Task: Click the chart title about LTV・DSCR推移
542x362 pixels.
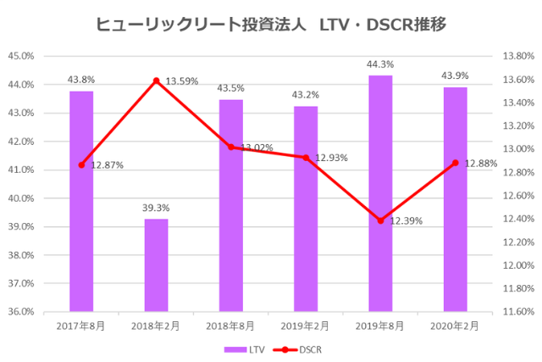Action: [271, 25]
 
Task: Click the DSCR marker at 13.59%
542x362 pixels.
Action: [156, 81]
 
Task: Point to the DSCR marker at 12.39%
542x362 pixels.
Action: [380, 220]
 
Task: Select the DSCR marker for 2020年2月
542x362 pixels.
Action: [455, 163]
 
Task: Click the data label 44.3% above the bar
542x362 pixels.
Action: [380, 64]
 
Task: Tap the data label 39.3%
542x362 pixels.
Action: [156, 207]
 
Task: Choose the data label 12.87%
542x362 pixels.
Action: [108, 165]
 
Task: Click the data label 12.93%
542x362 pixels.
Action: [332, 158]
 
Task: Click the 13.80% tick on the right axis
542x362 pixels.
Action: [517, 56]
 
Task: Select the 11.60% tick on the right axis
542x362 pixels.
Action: [517, 312]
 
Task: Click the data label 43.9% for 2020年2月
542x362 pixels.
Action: [455, 76]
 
